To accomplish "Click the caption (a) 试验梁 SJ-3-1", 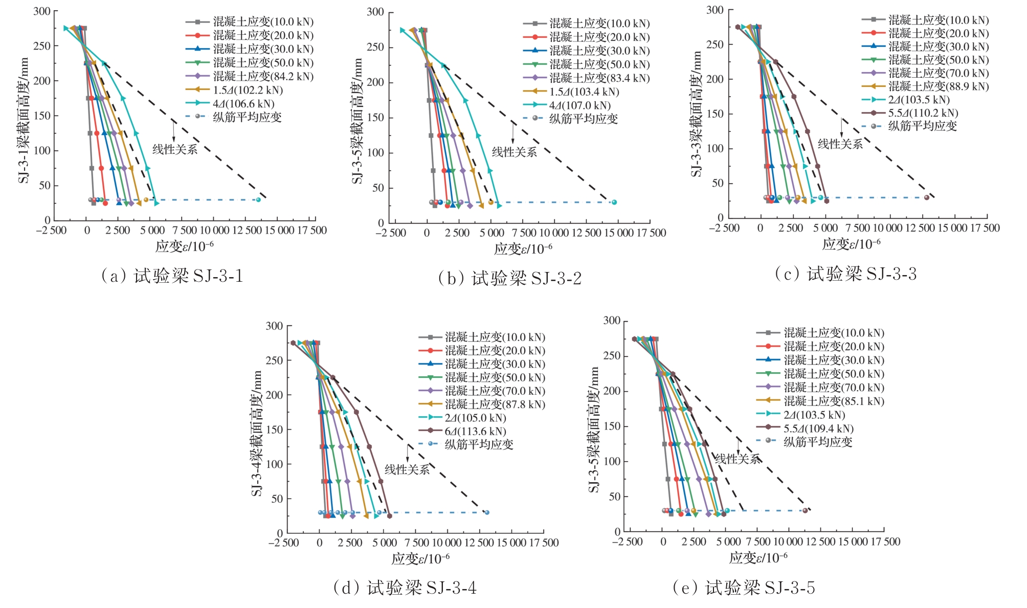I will coord(172,276).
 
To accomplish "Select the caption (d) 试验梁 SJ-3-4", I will coord(405,588).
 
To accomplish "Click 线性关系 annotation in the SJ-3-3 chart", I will coord(840,144).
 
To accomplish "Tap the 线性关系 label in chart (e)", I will coord(737,459).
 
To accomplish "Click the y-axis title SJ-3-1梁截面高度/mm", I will coord(24,121).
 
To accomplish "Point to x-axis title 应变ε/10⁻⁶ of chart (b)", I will coord(523,249).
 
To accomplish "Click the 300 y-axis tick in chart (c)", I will coord(715,10).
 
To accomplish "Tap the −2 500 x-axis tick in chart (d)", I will coord(283,543).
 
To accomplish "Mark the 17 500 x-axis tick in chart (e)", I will coord(884,542).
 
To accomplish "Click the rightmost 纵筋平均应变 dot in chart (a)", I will coord(258,200).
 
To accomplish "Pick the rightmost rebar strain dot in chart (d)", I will coord(487,512).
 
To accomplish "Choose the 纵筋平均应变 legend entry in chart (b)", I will coord(583,119).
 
